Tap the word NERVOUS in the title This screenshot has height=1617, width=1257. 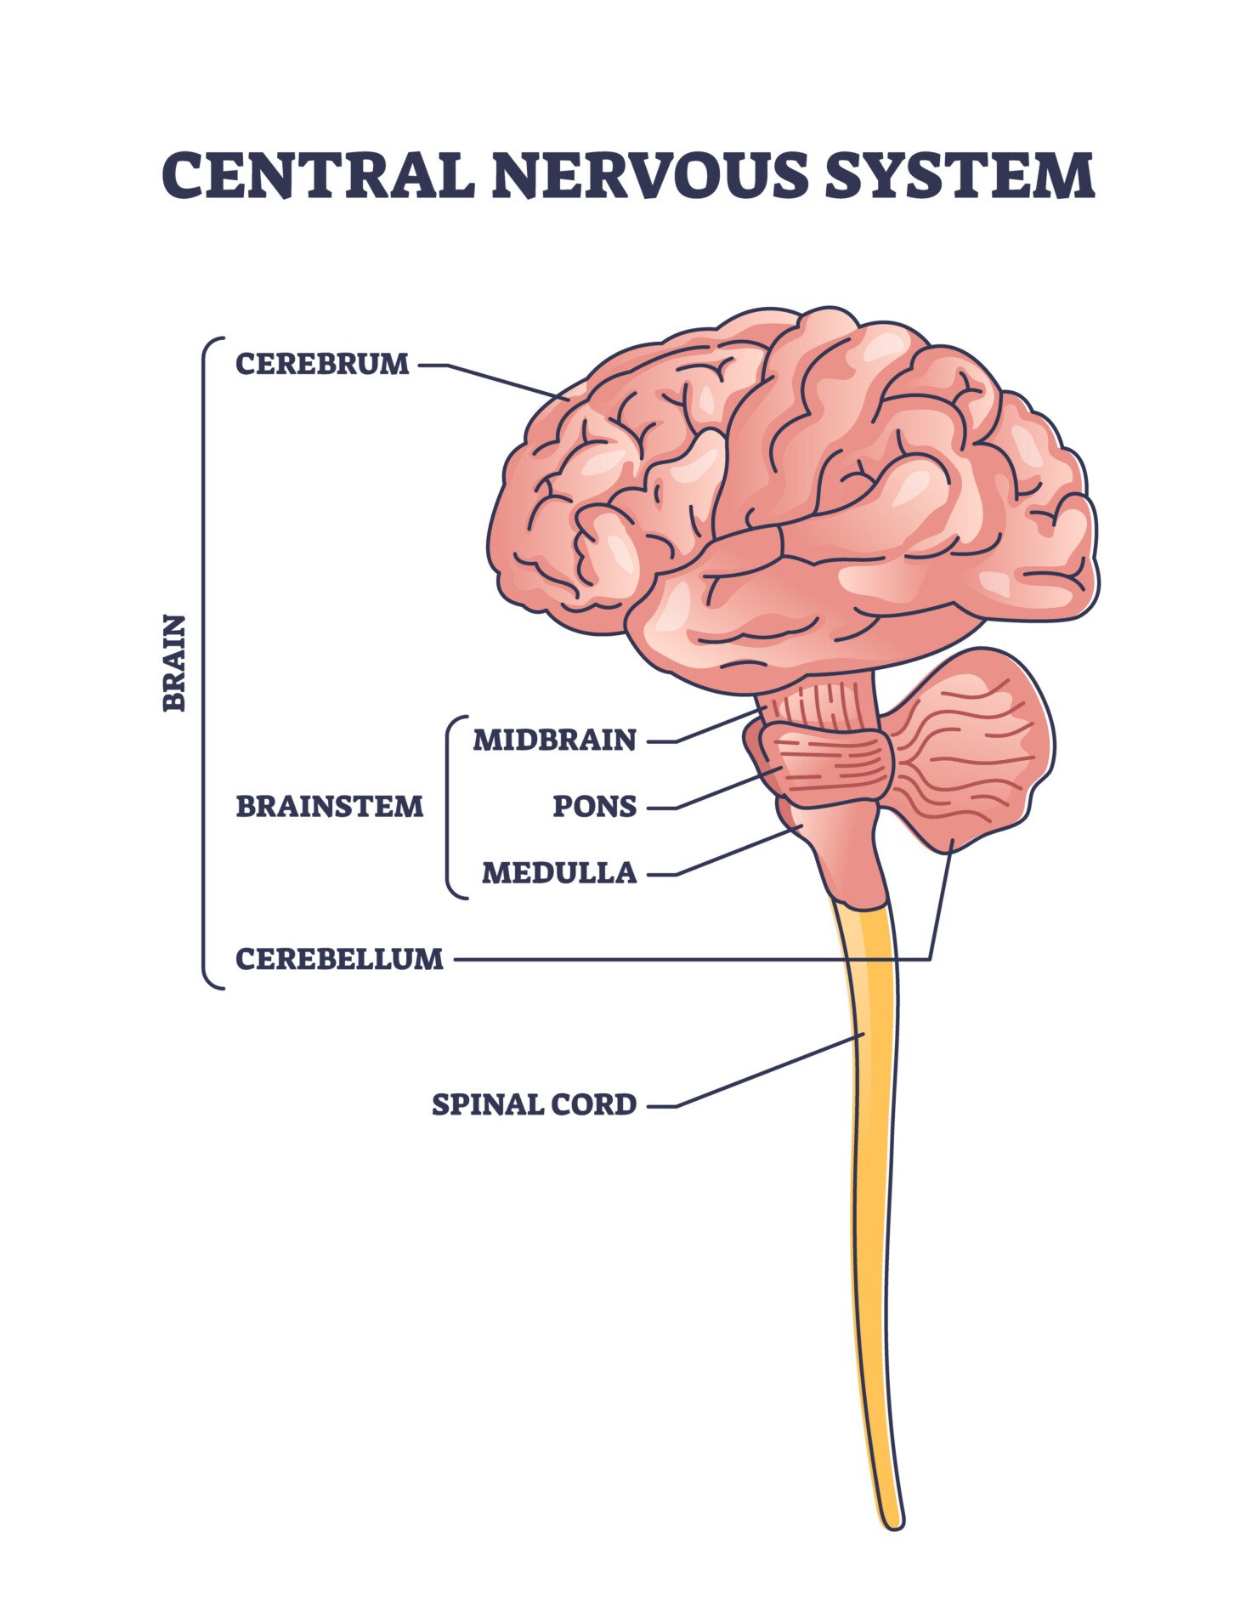(x=648, y=175)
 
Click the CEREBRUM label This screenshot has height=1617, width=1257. (x=322, y=364)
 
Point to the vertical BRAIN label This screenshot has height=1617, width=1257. (x=174, y=662)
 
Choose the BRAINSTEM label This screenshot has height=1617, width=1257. (x=329, y=806)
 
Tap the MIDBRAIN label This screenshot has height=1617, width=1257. (x=554, y=740)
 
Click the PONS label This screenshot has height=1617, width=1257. (x=594, y=806)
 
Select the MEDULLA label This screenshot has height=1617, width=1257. (x=558, y=872)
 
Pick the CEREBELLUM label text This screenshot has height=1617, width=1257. (x=339, y=959)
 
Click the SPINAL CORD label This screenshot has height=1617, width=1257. (x=534, y=1104)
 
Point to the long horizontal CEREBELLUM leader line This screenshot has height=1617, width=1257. (x=680, y=960)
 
